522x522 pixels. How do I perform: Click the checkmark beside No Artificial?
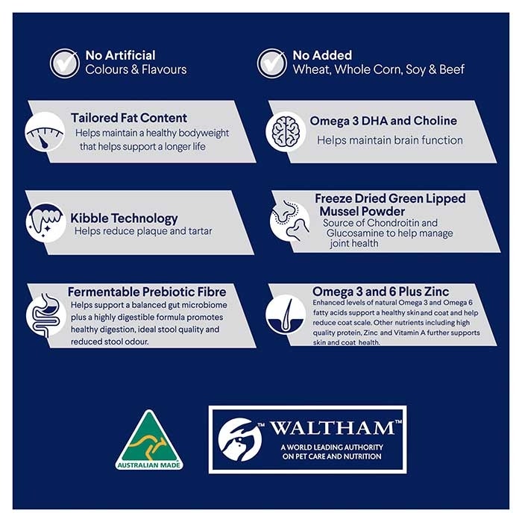click(x=65, y=63)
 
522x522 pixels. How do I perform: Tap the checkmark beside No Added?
click(x=271, y=63)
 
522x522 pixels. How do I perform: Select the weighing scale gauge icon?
click(x=45, y=132)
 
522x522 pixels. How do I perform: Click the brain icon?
click(x=286, y=131)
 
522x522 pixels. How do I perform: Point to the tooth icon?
click(x=46, y=222)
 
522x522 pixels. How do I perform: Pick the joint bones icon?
click(x=289, y=221)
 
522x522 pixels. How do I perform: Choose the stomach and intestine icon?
click(x=46, y=315)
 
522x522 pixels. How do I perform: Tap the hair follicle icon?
click(x=286, y=314)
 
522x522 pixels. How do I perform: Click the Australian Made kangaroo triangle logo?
click(x=149, y=439)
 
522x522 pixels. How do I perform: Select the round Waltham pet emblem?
click(x=239, y=439)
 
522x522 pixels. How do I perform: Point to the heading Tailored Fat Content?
click(x=129, y=118)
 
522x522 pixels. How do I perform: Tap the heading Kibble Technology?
click(x=124, y=218)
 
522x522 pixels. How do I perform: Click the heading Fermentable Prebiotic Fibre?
click(x=147, y=292)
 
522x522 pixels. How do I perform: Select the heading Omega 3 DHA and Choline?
click(x=383, y=121)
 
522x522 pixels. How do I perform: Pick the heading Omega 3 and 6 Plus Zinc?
click(x=380, y=292)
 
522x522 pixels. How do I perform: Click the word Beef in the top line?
click(x=452, y=69)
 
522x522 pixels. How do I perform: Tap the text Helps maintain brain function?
click(x=390, y=140)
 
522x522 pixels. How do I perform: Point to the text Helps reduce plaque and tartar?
click(x=143, y=230)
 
